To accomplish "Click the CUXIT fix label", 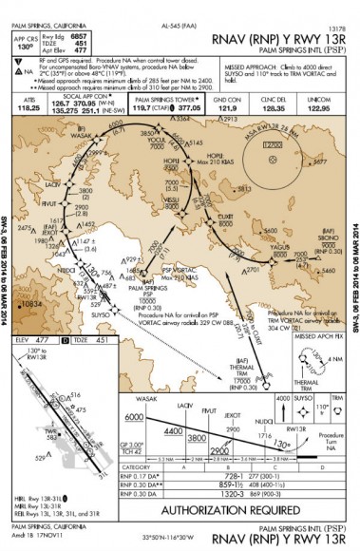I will click(x=224, y=215).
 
